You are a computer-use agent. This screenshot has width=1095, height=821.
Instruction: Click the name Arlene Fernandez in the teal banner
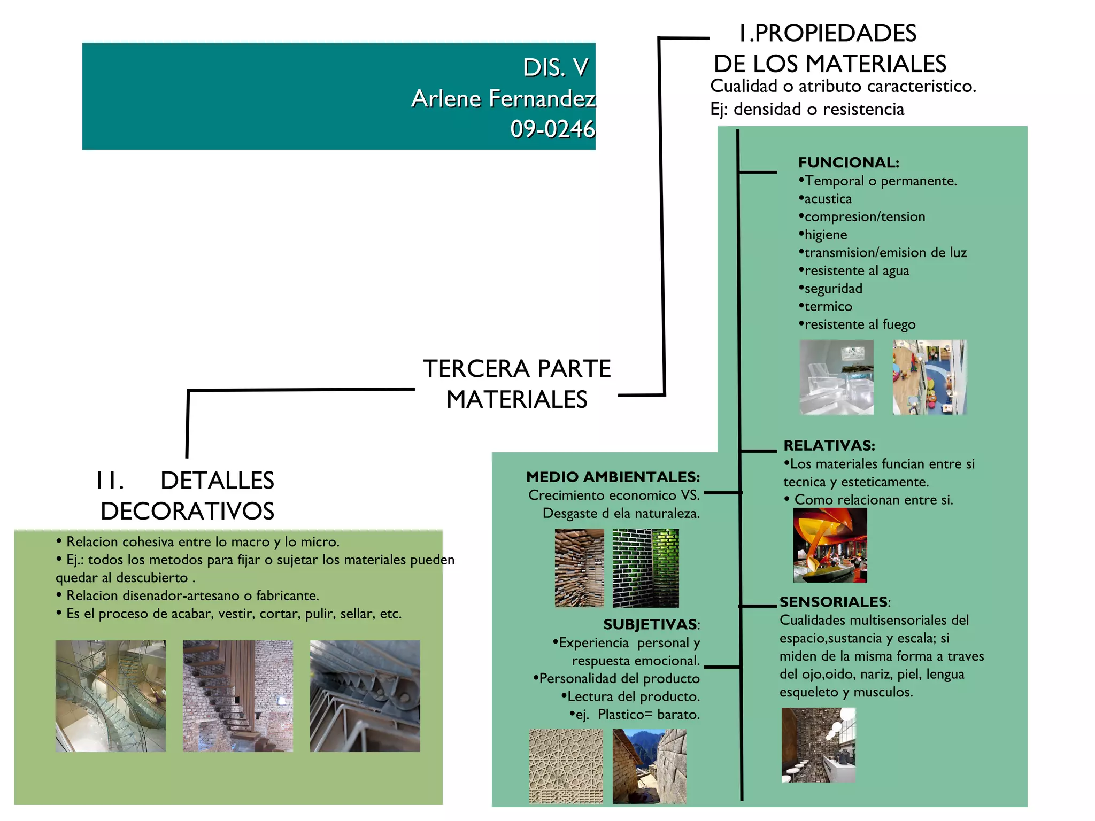pos(504,98)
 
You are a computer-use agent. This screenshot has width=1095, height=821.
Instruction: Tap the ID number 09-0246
pos(553,129)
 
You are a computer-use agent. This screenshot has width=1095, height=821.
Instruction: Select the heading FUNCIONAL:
pos(849,162)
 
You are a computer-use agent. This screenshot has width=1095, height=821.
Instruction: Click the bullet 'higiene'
pos(823,235)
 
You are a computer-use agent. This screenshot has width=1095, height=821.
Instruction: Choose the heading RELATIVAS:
pos(829,445)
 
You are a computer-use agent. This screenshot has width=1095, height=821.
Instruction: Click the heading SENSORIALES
pos(833,601)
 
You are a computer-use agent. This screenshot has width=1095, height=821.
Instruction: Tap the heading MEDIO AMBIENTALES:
pos(613,477)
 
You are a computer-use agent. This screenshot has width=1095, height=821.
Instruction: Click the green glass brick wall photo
pos(646,568)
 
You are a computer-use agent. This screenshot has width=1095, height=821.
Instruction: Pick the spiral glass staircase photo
pos(111,696)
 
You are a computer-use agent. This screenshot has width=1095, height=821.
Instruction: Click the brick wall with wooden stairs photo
pos(238,696)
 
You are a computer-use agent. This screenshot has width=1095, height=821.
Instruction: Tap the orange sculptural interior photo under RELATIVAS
pos(830,545)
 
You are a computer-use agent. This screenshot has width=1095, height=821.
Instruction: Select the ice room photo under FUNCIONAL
pos(837,377)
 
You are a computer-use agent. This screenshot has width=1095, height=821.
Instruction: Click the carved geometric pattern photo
pos(566,766)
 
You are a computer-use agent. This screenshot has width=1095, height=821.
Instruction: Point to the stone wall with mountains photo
pos(650,766)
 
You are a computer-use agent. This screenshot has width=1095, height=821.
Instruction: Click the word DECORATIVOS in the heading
pos(187,511)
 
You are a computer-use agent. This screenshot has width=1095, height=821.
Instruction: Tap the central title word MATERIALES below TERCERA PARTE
pos(516,400)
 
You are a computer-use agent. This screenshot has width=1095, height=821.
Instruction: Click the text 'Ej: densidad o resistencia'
pos(807,109)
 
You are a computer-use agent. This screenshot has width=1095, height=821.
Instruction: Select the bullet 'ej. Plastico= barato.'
pos(635,715)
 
